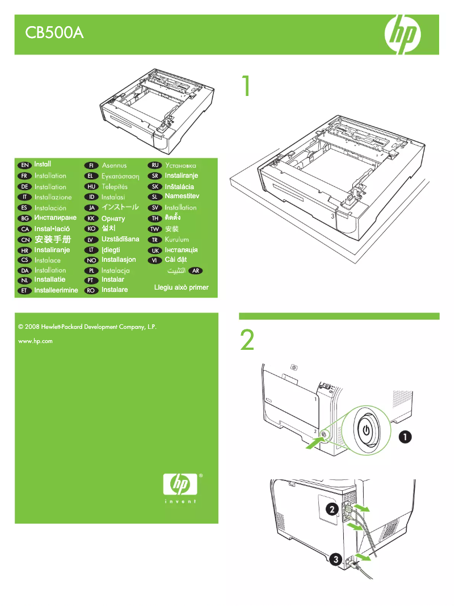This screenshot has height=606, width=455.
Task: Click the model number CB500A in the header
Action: point(54,34)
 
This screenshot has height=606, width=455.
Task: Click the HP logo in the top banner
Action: point(403,34)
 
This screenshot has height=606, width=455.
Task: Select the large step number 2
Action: point(247,341)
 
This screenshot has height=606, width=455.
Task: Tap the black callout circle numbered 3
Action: point(336,560)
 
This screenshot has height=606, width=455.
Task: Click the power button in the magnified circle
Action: point(367,429)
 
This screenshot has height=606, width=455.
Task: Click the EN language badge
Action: point(24,165)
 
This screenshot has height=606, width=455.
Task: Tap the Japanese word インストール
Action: point(120,208)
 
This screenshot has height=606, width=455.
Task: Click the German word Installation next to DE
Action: point(50,186)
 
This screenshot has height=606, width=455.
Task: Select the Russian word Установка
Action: point(180,165)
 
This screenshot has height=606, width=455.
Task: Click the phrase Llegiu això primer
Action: point(181,287)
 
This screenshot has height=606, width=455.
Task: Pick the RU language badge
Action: point(154,165)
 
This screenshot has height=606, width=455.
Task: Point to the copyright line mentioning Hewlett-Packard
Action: point(87,328)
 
